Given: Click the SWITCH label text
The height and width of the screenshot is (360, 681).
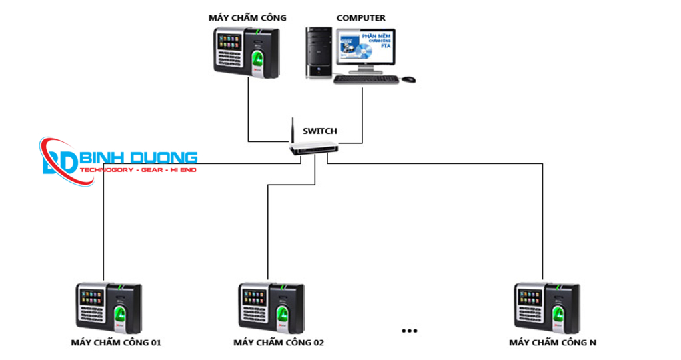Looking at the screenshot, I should [x=320, y=131].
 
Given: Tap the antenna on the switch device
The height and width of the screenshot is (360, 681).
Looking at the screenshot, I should [x=292, y=130].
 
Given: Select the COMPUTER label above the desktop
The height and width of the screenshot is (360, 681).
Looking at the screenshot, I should [x=360, y=18].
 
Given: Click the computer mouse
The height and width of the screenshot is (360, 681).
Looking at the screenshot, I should [x=408, y=79].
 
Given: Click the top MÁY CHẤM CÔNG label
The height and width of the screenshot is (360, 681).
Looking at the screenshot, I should [x=247, y=18].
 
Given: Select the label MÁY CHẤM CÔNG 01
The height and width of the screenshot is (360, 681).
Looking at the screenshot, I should [x=116, y=343].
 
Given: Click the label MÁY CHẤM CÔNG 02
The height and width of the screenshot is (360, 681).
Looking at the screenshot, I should [x=279, y=343].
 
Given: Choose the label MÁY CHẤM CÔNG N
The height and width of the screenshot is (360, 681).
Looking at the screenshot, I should [x=553, y=343].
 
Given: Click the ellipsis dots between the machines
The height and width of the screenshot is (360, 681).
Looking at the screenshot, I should [x=410, y=330].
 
